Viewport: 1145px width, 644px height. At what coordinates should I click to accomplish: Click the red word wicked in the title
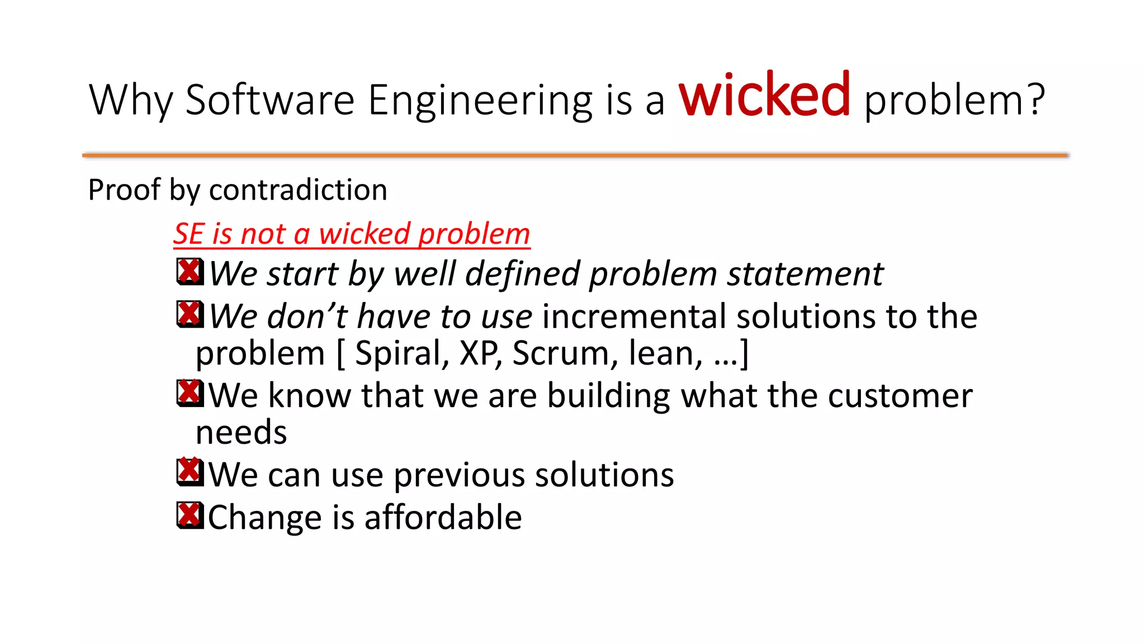[x=764, y=96]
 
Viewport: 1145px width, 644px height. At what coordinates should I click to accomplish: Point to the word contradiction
[x=298, y=190]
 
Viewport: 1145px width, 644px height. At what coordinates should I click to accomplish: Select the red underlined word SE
[x=188, y=234]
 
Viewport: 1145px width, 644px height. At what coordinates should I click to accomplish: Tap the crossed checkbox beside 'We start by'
[x=190, y=272]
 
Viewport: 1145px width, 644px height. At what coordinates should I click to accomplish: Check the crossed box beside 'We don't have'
[x=190, y=314]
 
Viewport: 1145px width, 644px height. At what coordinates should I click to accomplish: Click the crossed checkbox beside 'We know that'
[x=190, y=393]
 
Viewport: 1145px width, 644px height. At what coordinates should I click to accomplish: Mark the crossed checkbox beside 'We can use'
[x=190, y=472]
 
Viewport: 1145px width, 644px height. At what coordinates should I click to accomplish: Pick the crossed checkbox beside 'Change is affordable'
[x=190, y=515]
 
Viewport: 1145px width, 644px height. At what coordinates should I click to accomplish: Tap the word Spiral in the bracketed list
[x=402, y=353]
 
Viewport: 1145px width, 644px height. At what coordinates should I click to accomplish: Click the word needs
[x=241, y=433]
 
